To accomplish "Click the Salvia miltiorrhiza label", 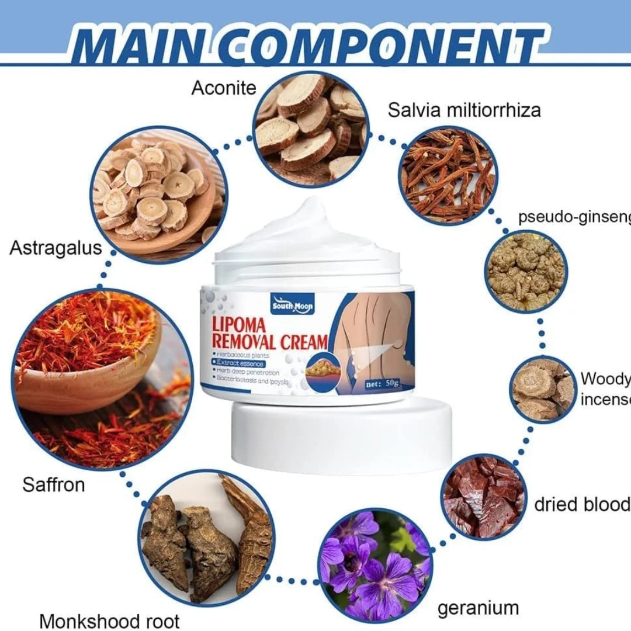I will pos(464,109).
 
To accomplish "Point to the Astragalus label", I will pos(56,248).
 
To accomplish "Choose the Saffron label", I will pos(54,484).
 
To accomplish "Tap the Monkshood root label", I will pos(109,620).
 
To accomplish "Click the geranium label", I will pos(478,608).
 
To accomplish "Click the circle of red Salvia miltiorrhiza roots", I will pos(449,174).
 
